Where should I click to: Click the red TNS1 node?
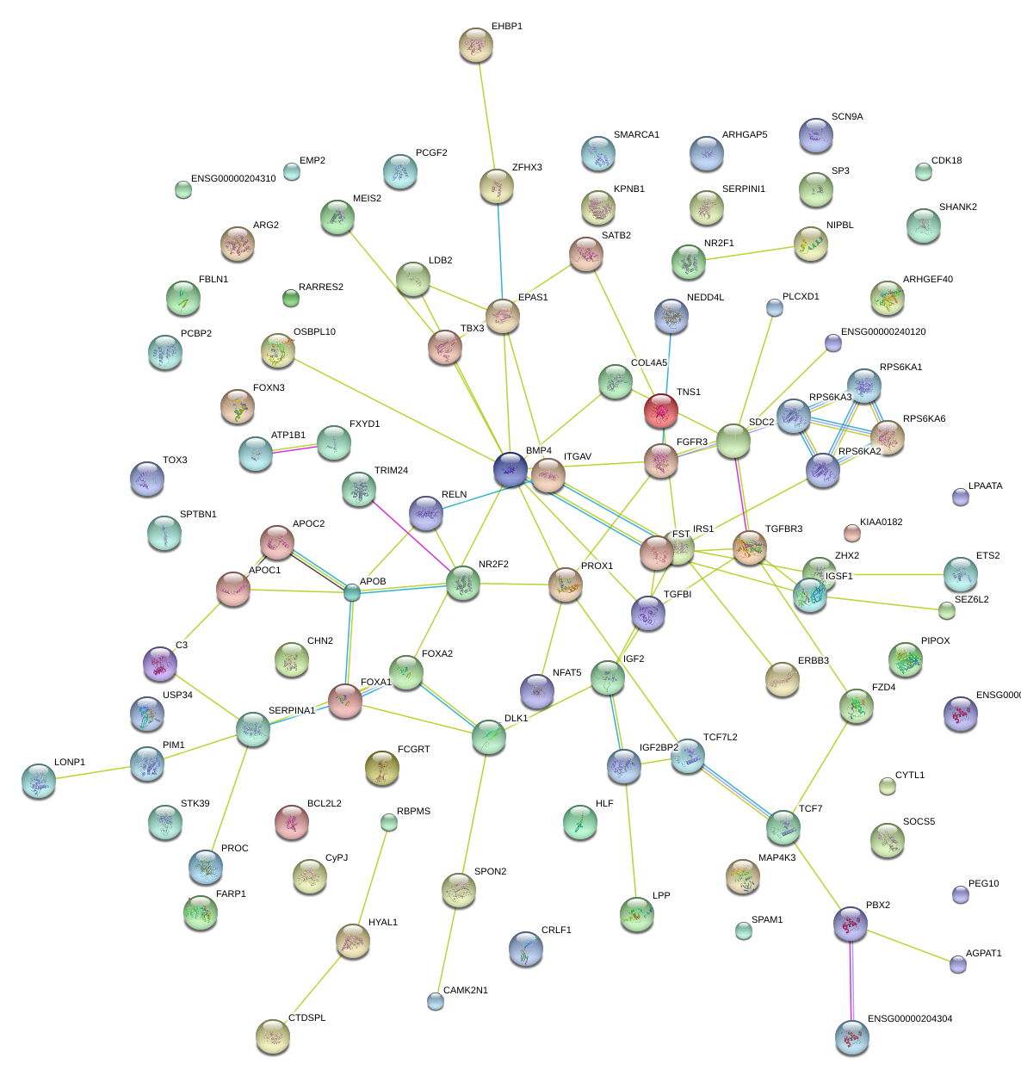coord(660,411)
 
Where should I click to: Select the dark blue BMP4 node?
coord(510,469)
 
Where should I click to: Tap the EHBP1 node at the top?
coord(475,45)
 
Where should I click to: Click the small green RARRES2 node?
coord(290,298)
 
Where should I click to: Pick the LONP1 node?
coord(39,780)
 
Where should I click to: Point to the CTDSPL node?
coord(272,1036)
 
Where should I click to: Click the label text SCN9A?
coord(847,117)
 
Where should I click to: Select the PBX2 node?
coord(851,923)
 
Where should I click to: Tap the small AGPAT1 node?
coord(958,964)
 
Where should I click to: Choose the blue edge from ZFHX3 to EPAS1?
coord(500,250)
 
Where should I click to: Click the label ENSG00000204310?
coord(233,179)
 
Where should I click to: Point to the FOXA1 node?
coord(345,701)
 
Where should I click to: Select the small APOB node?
coord(352,592)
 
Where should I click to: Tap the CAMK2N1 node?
coord(436,1000)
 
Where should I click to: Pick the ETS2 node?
coord(960,574)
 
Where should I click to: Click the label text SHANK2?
coord(957,207)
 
